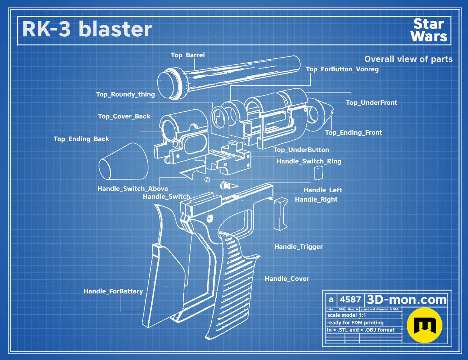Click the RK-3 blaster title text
[87, 29]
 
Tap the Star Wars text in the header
[429, 30]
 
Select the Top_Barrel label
[188, 55]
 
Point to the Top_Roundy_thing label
[125, 94]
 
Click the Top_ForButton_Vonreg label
[342, 69]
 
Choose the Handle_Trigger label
[298, 247]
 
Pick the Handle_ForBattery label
[113, 291]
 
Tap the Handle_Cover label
[287, 279]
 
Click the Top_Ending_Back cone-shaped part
[123, 161]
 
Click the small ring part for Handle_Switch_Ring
[207, 179]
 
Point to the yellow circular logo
[424, 325]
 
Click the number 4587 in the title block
[350, 300]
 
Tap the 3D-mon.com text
[406, 300]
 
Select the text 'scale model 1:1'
[347, 315]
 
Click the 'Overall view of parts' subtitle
[408, 59]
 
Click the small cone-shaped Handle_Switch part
[229, 185]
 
